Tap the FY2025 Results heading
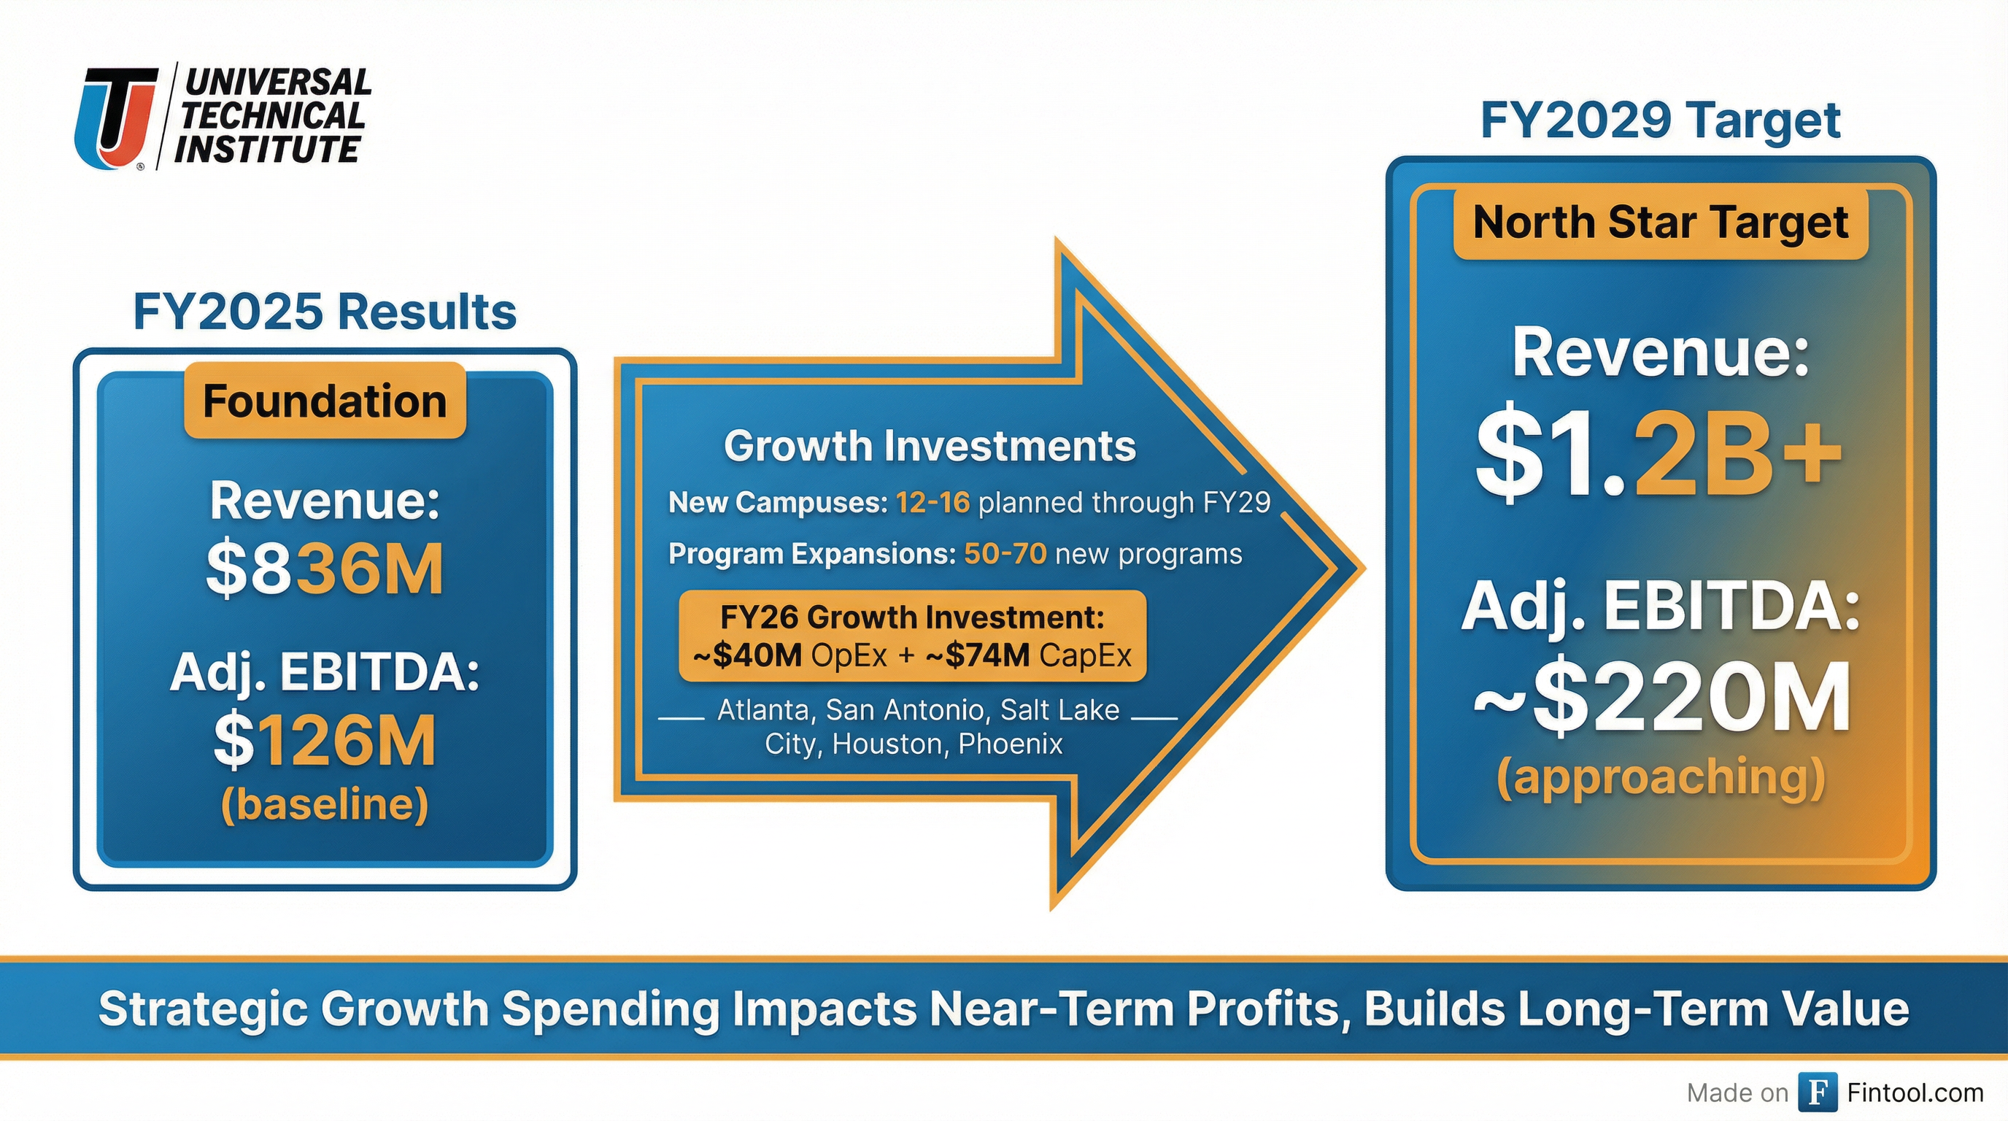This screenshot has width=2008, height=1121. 325,312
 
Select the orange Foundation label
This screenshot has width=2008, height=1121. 325,401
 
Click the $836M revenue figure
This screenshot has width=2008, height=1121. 325,569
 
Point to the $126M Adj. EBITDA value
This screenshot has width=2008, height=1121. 325,741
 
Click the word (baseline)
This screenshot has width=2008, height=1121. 325,805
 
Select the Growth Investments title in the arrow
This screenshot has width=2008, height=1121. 930,446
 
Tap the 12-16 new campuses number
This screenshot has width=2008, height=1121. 932,502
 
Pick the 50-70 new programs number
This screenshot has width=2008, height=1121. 1005,553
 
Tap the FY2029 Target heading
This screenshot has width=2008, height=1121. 1661,121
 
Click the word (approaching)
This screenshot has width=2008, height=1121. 1661,778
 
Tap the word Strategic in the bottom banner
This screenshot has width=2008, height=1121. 204,1010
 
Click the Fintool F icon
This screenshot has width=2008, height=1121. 1817,1092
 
